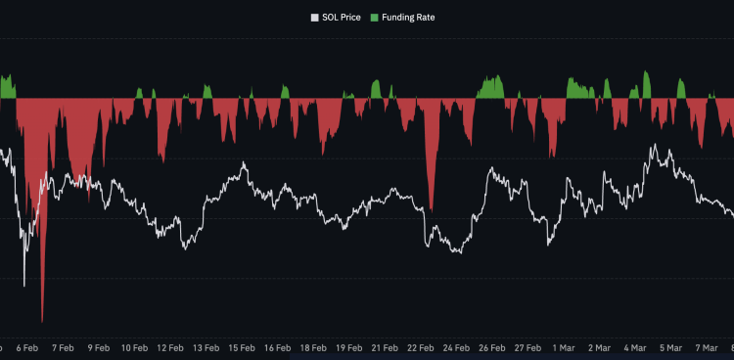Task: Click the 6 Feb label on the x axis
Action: [x=27, y=347]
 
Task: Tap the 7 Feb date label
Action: [x=63, y=347]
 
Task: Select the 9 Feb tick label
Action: [x=98, y=347]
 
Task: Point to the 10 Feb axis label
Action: [x=134, y=347]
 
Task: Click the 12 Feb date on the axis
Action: [x=170, y=347]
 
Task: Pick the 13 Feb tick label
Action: [x=206, y=347]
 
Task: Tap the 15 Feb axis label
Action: [x=242, y=347]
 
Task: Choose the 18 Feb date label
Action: [x=313, y=347]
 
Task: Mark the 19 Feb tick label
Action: [x=348, y=347]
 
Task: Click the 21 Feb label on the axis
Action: [x=385, y=347]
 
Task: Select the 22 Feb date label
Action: [x=420, y=347]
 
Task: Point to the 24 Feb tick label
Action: [x=456, y=347]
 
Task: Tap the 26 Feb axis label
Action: [x=491, y=347]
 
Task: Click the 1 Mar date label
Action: [x=563, y=347]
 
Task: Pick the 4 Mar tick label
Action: [x=634, y=347]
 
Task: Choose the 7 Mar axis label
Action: [x=706, y=347]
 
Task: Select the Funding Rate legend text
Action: [x=408, y=17]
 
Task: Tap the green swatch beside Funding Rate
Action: [x=375, y=17]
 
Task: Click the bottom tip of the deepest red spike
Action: [x=42, y=322]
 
